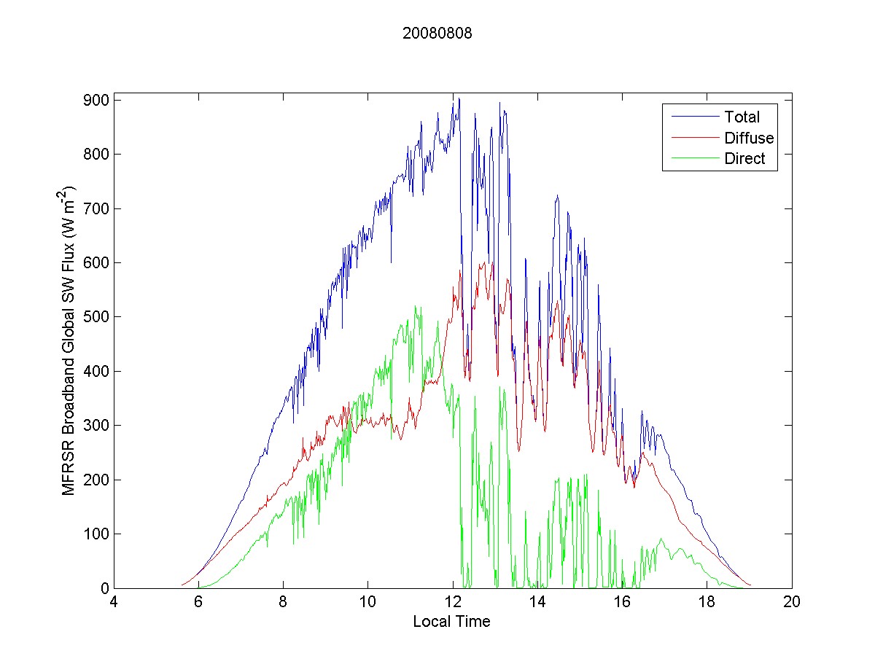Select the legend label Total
click(x=742, y=117)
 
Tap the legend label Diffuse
click(x=749, y=138)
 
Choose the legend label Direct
click(x=744, y=160)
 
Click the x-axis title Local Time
click(x=451, y=622)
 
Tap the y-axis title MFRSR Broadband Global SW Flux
click(x=70, y=340)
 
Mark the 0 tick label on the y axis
click(x=104, y=588)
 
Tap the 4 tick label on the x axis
click(x=114, y=603)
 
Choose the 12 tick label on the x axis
click(x=453, y=603)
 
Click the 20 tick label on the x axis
click(x=792, y=603)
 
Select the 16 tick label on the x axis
click(x=622, y=603)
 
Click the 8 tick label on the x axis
click(x=283, y=603)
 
